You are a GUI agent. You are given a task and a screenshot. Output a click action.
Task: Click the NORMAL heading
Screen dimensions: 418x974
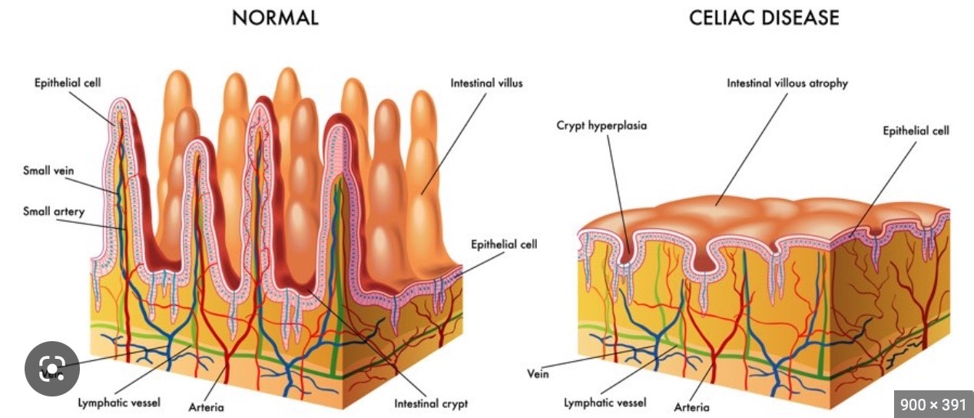(x=275, y=18)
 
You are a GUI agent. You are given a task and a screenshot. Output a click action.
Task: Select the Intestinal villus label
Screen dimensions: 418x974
(x=486, y=82)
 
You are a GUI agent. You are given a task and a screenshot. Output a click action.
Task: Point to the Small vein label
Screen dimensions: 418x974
(x=48, y=171)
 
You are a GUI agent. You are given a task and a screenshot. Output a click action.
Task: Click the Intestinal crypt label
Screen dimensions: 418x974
(x=431, y=403)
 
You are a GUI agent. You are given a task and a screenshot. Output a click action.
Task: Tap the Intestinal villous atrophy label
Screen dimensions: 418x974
(x=787, y=83)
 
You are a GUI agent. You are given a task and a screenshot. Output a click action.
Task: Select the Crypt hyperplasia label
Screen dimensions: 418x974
(x=601, y=124)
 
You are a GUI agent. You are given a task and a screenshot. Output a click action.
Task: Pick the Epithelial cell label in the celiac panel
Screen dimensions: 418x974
(x=916, y=131)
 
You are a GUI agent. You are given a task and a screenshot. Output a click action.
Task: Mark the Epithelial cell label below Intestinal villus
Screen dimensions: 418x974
(x=503, y=244)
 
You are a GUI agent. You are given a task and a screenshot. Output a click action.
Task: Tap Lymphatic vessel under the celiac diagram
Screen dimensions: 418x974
(x=605, y=402)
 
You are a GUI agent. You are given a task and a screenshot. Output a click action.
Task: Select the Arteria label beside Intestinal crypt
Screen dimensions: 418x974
(x=206, y=406)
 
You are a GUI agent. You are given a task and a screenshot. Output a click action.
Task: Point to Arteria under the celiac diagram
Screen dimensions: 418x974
(x=691, y=406)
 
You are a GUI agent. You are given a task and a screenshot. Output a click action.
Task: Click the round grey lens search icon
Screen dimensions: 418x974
(x=52, y=369)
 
